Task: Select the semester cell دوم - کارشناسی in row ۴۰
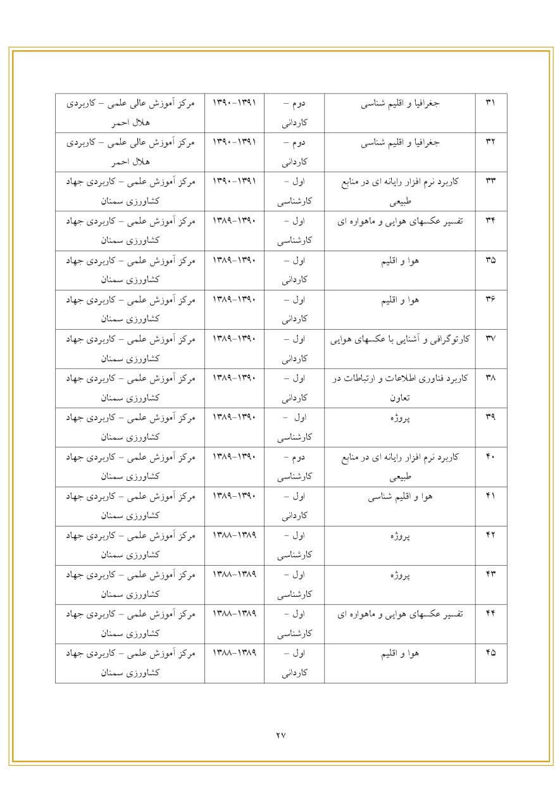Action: click(294, 466)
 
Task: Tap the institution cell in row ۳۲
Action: click(129, 152)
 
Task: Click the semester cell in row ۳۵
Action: click(294, 270)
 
